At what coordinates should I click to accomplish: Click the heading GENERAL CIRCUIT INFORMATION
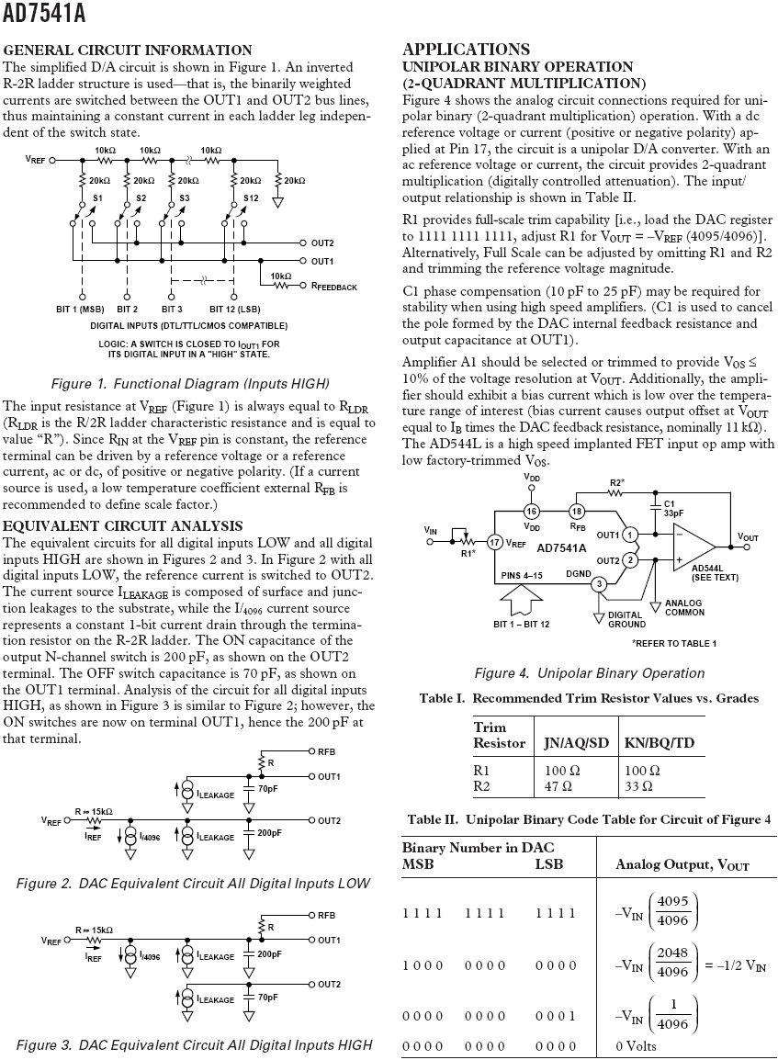tap(128, 50)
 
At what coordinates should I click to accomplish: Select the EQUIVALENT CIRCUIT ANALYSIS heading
tap(123, 526)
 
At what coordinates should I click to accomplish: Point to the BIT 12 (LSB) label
tap(237, 309)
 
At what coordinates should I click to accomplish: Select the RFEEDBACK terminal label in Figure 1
tap(334, 288)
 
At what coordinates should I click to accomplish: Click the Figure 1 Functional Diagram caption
tap(190, 383)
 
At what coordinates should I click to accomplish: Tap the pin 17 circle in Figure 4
tap(494, 543)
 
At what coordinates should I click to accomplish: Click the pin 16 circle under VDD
tap(531, 511)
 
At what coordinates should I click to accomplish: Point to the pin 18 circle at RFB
tap(577, 511)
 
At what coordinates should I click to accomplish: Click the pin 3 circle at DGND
tap(598, 583)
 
